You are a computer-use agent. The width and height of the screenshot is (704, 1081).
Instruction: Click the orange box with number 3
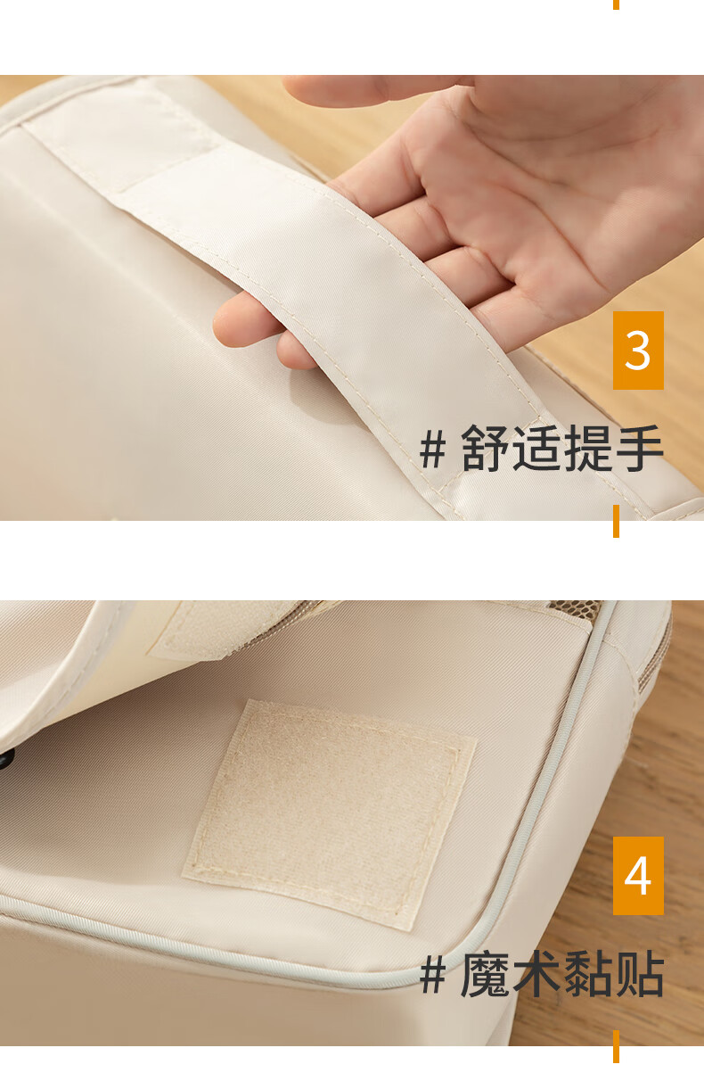coord(638,351)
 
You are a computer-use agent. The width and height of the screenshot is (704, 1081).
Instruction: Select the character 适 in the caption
coord(536,448)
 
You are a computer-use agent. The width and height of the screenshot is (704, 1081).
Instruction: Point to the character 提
coord(588,448)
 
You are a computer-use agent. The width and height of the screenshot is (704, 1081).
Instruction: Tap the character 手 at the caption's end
coord(639,448)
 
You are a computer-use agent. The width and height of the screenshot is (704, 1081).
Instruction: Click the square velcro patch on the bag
coord(330,814)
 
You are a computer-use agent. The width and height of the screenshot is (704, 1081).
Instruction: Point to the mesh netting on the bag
coord(574,607)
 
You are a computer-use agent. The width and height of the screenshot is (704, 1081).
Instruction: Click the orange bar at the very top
coord(616,4)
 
